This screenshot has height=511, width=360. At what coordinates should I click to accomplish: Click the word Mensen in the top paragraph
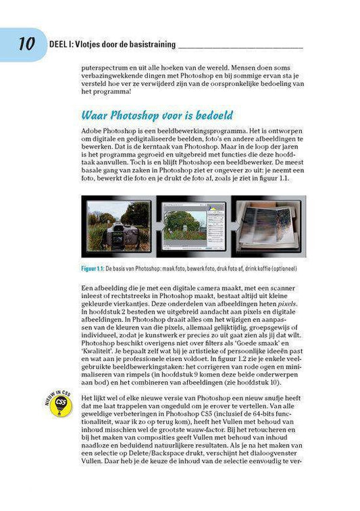point(249,68)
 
